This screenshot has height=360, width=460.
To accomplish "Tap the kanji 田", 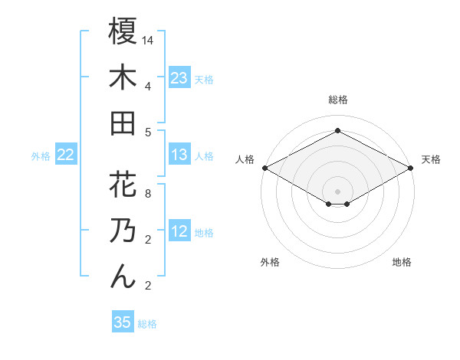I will click(x=123, y=123).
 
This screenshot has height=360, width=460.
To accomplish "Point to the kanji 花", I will click(x=123, y=185).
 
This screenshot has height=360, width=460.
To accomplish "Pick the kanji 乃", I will click(x=123, y=231).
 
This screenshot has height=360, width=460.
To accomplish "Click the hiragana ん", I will click(x=123, y=276).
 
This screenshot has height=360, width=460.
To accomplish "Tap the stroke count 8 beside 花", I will click(x=147, y=193).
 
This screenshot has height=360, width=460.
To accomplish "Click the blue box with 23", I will click(x=179, y=78).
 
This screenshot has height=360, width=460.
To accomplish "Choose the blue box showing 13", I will click(x=179, y=155).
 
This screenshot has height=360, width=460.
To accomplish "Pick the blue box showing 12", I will click(x=179, y=232).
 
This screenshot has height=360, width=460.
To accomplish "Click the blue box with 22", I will click(x=65, y=155).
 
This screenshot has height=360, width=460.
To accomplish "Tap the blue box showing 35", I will click(x=123, y=322).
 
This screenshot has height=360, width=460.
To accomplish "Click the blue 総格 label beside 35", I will click(x=147, y=324).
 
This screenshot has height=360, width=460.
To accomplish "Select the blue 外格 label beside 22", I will click(x=41, y=156).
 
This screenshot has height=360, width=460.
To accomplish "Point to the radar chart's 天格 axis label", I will click(x=432, y=159).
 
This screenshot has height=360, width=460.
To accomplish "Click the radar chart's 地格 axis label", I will click(x=402, y=263).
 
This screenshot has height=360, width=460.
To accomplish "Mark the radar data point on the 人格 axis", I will click(x=264, y=168).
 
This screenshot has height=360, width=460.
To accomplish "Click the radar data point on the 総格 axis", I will click(x=337, y=131).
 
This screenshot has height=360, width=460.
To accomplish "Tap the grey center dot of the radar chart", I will click(x=337, y=191).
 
